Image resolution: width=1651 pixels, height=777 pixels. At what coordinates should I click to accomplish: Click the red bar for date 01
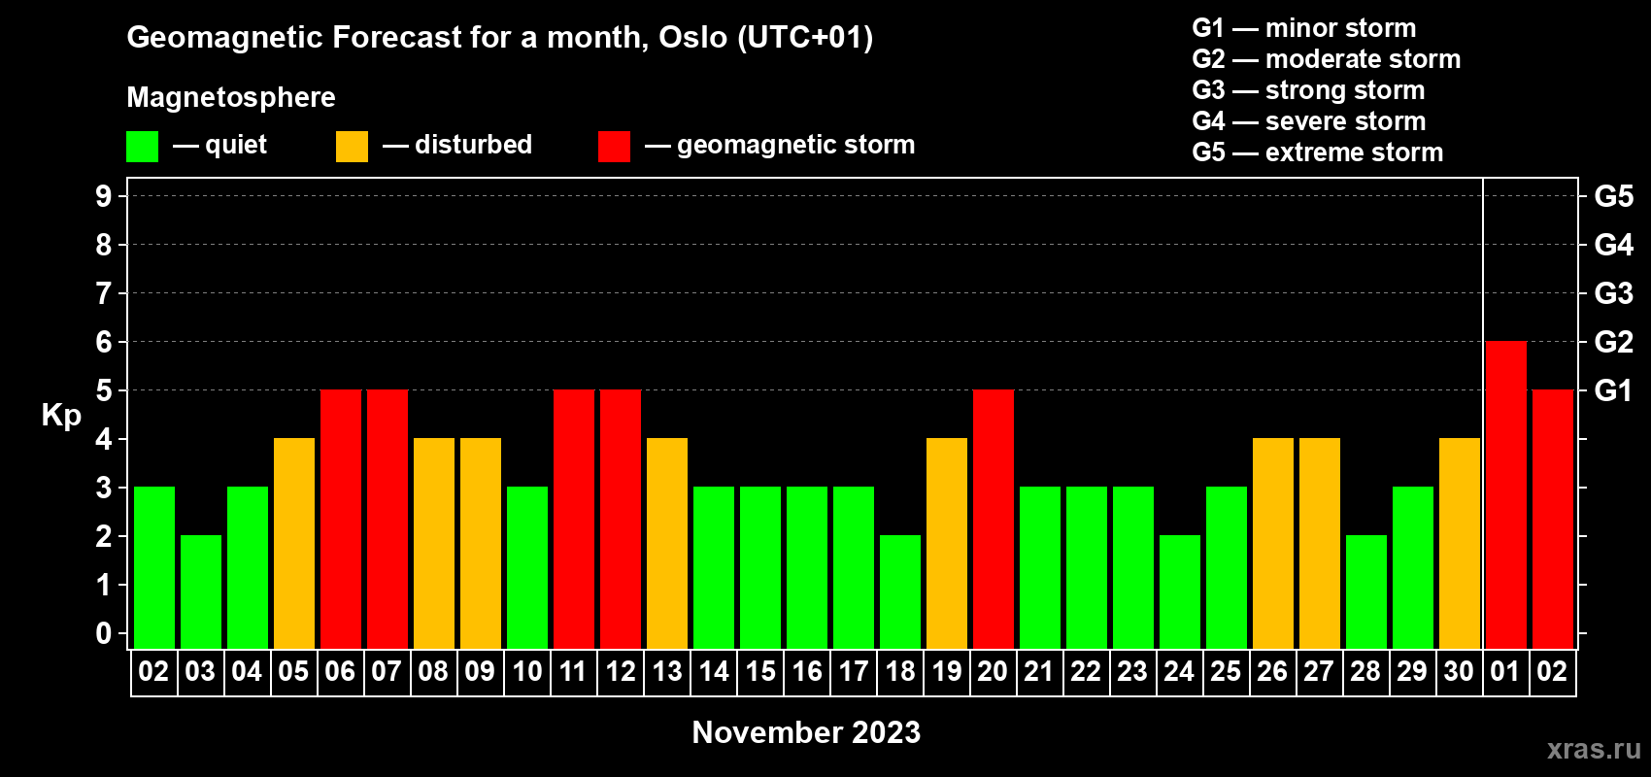click(x=1505, y=494)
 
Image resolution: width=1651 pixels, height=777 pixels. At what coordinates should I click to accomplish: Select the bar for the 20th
click(x=993, y=519)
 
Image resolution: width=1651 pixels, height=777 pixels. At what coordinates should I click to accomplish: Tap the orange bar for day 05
click(x=294, y=543)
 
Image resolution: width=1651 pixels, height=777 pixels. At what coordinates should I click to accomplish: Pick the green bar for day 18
click(x=900, y=591)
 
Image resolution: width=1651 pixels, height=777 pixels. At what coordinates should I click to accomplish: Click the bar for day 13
click(x=667, y=543)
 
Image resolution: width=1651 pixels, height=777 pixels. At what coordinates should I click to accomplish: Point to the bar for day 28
click(x=1365, y=591)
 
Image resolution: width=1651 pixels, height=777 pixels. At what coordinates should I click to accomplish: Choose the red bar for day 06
click(x=341, y=519)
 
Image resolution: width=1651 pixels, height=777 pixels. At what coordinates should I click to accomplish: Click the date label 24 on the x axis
click(x=1179, y=671)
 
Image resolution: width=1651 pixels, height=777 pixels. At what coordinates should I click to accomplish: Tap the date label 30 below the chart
click(x=1459, y=671)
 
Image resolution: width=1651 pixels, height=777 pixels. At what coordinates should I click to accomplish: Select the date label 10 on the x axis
click(x=527, y=671)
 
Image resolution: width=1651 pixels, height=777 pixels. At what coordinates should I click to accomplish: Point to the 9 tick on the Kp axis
click(x=103, y=196)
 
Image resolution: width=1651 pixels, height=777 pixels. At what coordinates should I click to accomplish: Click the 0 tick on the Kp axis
click(x=103, y=633)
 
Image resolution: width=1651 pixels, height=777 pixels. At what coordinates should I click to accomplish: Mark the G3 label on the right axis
click(x=1613, y=293)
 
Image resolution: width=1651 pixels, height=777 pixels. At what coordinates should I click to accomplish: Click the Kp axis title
click(x=61, y=415)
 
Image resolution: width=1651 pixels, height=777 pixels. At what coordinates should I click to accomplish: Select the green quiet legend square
click(x=142, y=146)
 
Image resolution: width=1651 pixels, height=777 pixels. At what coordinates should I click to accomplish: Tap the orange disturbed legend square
click(x=352, y=146)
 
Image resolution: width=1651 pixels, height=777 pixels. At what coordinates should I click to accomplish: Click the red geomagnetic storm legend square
click(x=614, y=146)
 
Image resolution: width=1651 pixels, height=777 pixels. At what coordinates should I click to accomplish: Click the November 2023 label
click(x=806, y=732)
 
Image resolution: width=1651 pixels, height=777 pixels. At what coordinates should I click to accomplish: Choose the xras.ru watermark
click(x=1594, y=749)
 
